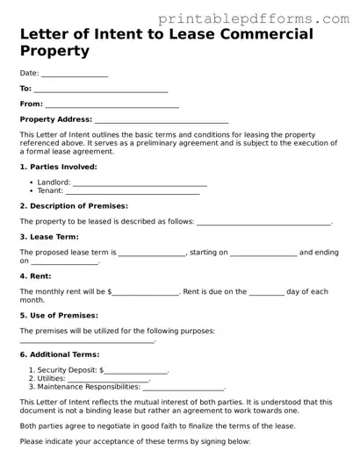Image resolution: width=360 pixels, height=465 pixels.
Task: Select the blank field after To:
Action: click(100, 89)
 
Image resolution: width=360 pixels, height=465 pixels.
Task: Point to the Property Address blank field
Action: click(162, 120)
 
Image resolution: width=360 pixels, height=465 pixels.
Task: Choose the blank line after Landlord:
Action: click(140, 183)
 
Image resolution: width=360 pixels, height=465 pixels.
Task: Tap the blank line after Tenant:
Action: click(133, 191)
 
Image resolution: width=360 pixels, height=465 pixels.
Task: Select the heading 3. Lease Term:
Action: click(49, 237)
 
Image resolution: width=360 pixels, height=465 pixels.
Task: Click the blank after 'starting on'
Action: click(264, 254)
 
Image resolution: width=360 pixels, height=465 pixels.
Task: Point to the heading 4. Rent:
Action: click(36, 275)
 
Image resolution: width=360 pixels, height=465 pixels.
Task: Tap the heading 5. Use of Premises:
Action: click(59, 315)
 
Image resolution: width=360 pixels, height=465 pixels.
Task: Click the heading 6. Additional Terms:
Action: click(58, 354)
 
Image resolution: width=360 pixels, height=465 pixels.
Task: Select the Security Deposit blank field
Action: click(136, 371)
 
